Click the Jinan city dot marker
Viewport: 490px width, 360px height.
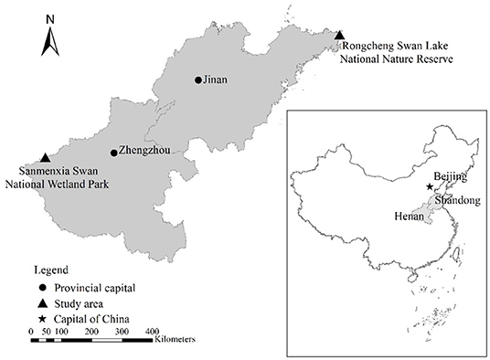(197, 80)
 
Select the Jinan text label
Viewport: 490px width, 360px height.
(216, 80)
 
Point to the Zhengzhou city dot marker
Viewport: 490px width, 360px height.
(113, 153)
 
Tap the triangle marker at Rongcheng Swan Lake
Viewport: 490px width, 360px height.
(340, 36)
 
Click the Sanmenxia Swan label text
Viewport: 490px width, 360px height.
(57, 176)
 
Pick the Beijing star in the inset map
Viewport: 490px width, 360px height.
(430, 186)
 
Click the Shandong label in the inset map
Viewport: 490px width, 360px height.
(457, 198)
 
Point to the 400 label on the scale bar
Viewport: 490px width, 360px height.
(152, 330)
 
